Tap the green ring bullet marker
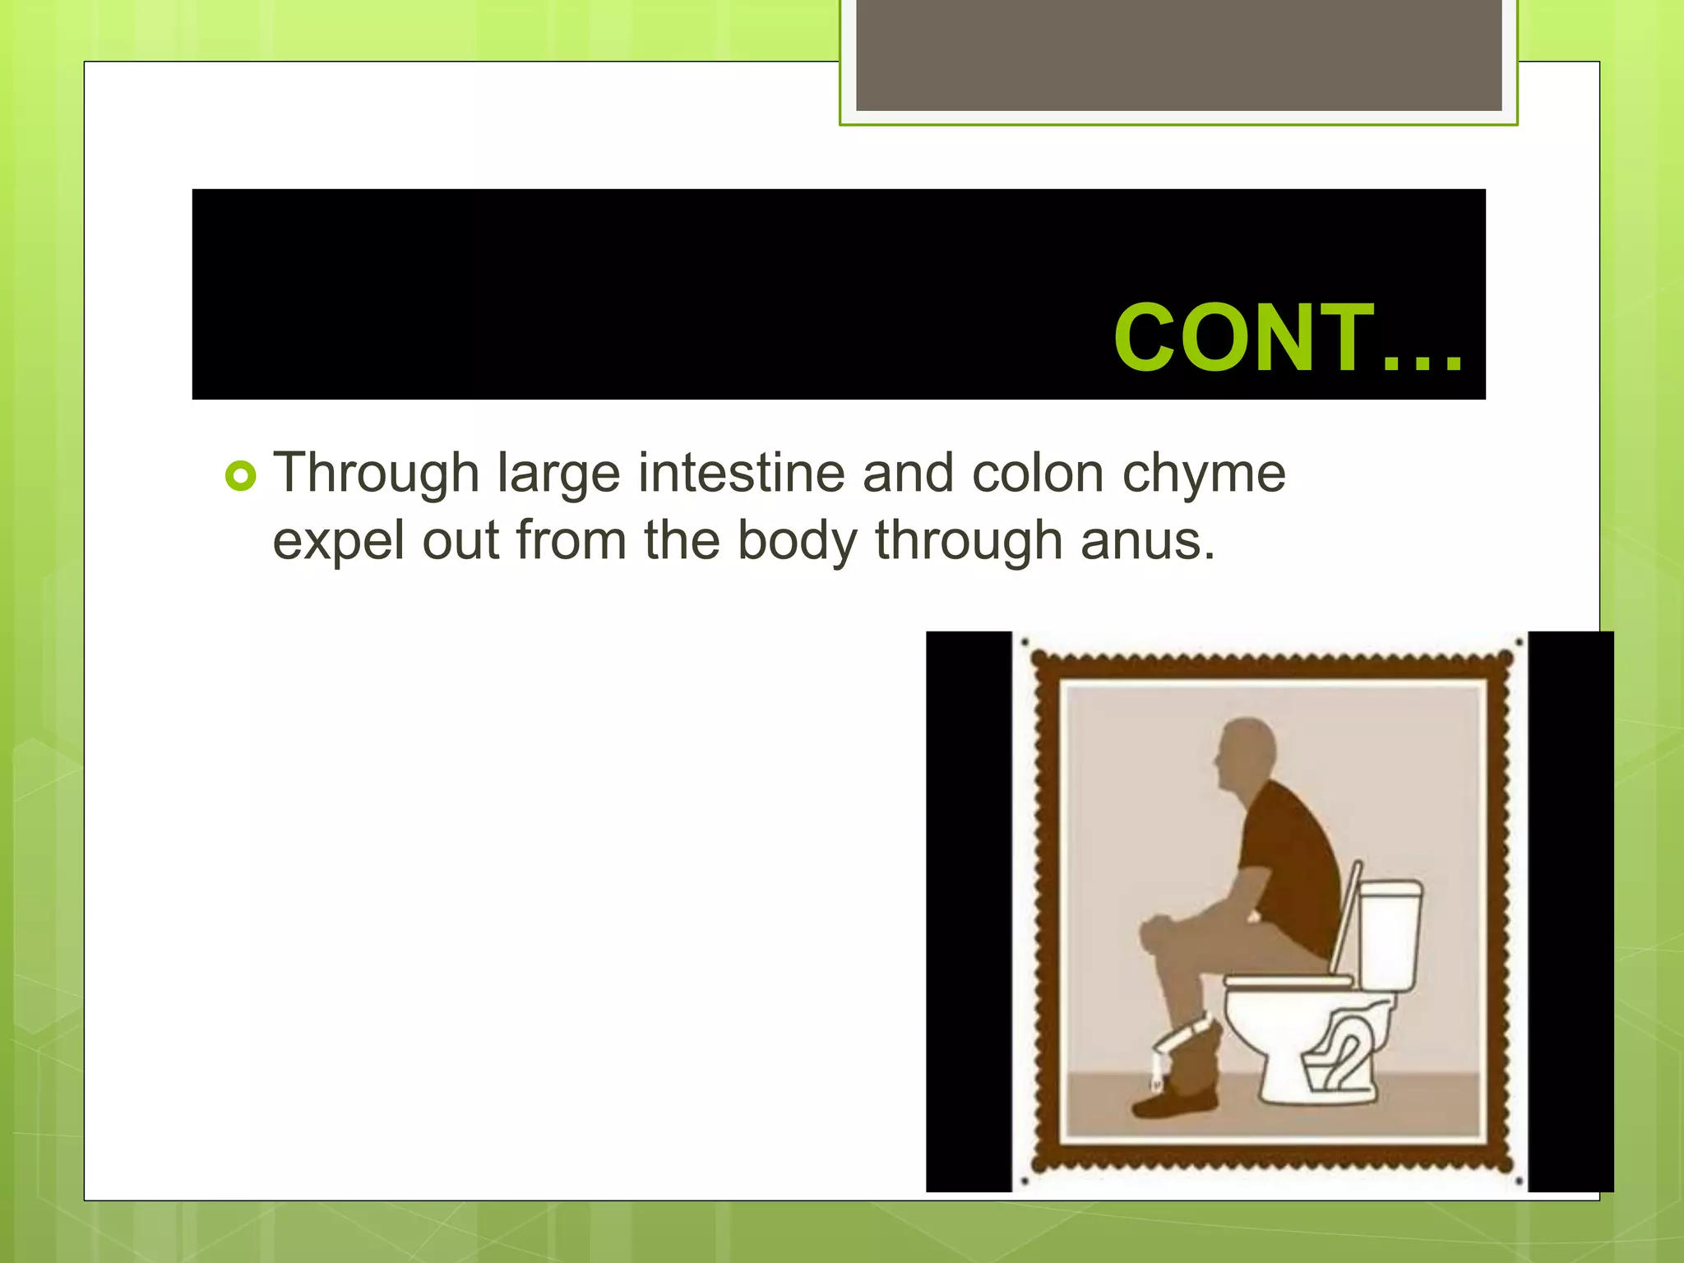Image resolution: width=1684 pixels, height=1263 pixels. point(240,476)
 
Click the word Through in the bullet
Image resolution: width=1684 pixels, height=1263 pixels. point(377,475)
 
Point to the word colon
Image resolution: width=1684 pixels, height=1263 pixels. point(1037,474)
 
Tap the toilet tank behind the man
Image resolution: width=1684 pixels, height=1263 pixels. point(1390,934)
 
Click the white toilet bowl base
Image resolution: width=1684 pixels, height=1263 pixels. point(1299,1044)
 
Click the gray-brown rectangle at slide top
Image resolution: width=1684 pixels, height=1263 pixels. point(1178,54)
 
